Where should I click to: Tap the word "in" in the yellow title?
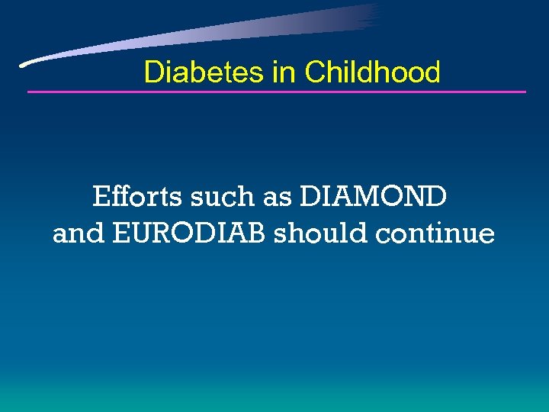tap(283, 72)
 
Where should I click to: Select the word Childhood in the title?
tap(372, 72)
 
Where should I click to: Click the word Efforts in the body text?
tap(137, 197)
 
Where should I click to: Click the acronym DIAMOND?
tap(374, 197)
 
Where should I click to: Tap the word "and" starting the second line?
tap(79, 233)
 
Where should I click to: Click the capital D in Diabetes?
tap(153, 72)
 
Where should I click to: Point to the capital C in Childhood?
tap(314, 72)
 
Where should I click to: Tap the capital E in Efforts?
tap(101, 197)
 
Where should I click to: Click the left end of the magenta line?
tap(29, 92)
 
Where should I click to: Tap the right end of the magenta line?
tap(525, 92)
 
